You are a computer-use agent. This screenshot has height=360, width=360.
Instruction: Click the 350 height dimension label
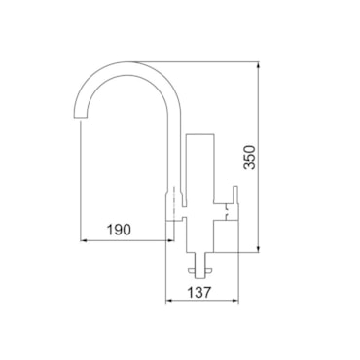click(x=250, y=158)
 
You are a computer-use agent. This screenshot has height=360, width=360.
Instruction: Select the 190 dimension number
click(x=119, y=230)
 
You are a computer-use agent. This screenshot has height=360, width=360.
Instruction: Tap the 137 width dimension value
click(x=198, y=292)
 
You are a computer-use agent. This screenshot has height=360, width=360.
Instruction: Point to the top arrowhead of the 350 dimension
click(x=258, y=64)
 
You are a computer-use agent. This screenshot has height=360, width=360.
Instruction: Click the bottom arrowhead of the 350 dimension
click(x=258, y=249)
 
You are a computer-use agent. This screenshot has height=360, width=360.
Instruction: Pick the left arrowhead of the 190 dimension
click(x=84, y=240)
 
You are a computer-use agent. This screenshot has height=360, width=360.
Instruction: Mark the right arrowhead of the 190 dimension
click(x=170, y=240)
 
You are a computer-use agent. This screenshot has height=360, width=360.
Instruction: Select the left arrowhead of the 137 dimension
click(x=169, y=301)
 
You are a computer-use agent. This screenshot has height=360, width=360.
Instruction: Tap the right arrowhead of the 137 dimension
click(x=235, y=301)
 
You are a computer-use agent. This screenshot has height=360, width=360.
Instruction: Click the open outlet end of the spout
click(x=81, y=117)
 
